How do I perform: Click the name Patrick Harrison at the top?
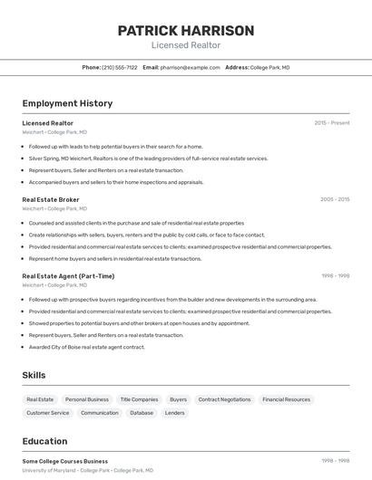185,30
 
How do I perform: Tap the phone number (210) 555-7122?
120,67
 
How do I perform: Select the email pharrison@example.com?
191,67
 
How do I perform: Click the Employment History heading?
67,103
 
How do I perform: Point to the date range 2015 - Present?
332,122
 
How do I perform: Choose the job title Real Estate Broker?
51,199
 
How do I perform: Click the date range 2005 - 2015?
335,199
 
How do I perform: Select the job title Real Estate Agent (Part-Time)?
68,276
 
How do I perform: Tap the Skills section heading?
34,375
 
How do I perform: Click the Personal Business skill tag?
87,399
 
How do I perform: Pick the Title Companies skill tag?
139,399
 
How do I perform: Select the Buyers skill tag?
179,399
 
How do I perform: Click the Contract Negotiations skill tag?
224,399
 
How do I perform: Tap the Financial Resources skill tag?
286,399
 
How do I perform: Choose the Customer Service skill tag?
48,413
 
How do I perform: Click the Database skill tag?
142,413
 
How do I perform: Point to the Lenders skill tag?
175,413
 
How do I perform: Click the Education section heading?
44,441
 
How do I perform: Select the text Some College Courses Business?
64,461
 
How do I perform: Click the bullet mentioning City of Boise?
86,347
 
